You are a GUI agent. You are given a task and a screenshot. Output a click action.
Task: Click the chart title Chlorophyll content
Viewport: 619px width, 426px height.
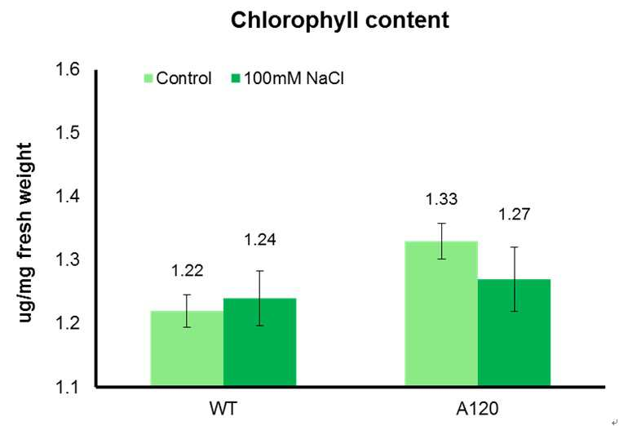point(340,20)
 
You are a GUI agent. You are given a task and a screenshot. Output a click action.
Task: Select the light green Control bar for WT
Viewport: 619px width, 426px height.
point(187,348)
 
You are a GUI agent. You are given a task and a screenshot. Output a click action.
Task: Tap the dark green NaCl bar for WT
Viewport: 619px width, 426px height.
point(260,342)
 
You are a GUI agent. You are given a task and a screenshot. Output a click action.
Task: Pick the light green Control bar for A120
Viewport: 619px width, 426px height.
point(441,313)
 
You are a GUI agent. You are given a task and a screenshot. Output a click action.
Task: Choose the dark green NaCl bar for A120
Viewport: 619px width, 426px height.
point(514,332)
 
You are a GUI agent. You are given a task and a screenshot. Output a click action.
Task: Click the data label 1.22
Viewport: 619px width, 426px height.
point(187,271)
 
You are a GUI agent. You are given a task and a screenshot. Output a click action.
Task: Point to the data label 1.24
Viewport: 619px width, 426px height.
point(260,240)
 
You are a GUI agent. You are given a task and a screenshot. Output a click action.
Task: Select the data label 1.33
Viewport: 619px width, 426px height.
point(441,199)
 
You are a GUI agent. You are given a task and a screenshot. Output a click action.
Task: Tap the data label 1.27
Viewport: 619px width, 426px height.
point(514,214)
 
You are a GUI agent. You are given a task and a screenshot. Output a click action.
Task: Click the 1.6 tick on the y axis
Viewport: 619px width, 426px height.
point(68,69)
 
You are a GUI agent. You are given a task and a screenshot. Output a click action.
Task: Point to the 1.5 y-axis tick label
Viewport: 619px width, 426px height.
point(68,132)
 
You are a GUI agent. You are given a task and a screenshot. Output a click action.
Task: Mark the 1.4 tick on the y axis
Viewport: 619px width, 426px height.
point(68,196)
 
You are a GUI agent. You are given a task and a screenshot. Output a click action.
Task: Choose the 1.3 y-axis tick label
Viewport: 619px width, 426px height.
point(68,260)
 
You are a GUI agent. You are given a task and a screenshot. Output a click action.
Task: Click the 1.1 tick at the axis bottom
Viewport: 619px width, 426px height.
point(68,387)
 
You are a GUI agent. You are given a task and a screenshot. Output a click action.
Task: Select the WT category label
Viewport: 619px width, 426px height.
point(223,408)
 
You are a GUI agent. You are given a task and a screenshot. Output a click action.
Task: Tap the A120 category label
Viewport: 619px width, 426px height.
point(477,408)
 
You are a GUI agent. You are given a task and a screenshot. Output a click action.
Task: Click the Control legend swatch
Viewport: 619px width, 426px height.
point(148,78)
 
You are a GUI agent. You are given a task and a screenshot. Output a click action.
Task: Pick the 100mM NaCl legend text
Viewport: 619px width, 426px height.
point(294,78)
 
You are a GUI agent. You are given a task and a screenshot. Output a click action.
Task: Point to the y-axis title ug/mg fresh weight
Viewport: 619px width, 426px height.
point(25,233)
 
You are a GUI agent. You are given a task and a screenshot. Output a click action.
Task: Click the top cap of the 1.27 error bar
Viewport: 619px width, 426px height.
point(514,247)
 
